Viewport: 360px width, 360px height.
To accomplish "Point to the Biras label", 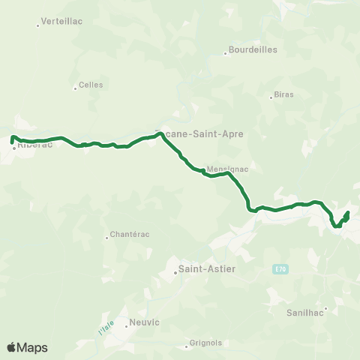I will [284, 94].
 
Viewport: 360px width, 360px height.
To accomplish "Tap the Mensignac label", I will [226, 169].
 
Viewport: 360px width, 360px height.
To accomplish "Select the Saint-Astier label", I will [205, 268].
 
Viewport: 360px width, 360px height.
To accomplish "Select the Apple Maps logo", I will [27, 347].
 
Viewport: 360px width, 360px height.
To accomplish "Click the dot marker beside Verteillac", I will [37, 25].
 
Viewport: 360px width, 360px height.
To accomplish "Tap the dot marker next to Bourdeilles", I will [225, 53].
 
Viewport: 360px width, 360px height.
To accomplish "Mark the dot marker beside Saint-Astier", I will [175, 272].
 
